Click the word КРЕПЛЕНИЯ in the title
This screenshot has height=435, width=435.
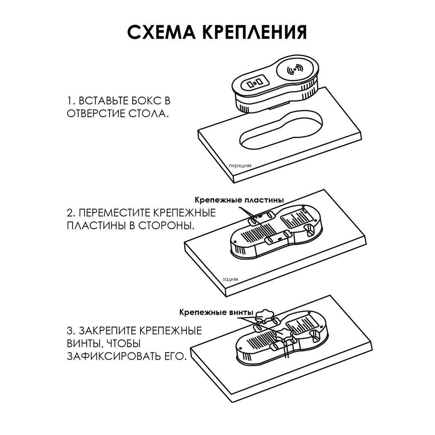(255, 33)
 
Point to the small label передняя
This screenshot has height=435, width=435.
(240, 166)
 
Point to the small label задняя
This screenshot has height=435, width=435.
(230, 279)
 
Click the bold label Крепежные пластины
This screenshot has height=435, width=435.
(239, 200)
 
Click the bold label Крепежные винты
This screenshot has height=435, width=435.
(216, 313)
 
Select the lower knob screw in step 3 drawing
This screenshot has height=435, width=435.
(284, 334)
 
